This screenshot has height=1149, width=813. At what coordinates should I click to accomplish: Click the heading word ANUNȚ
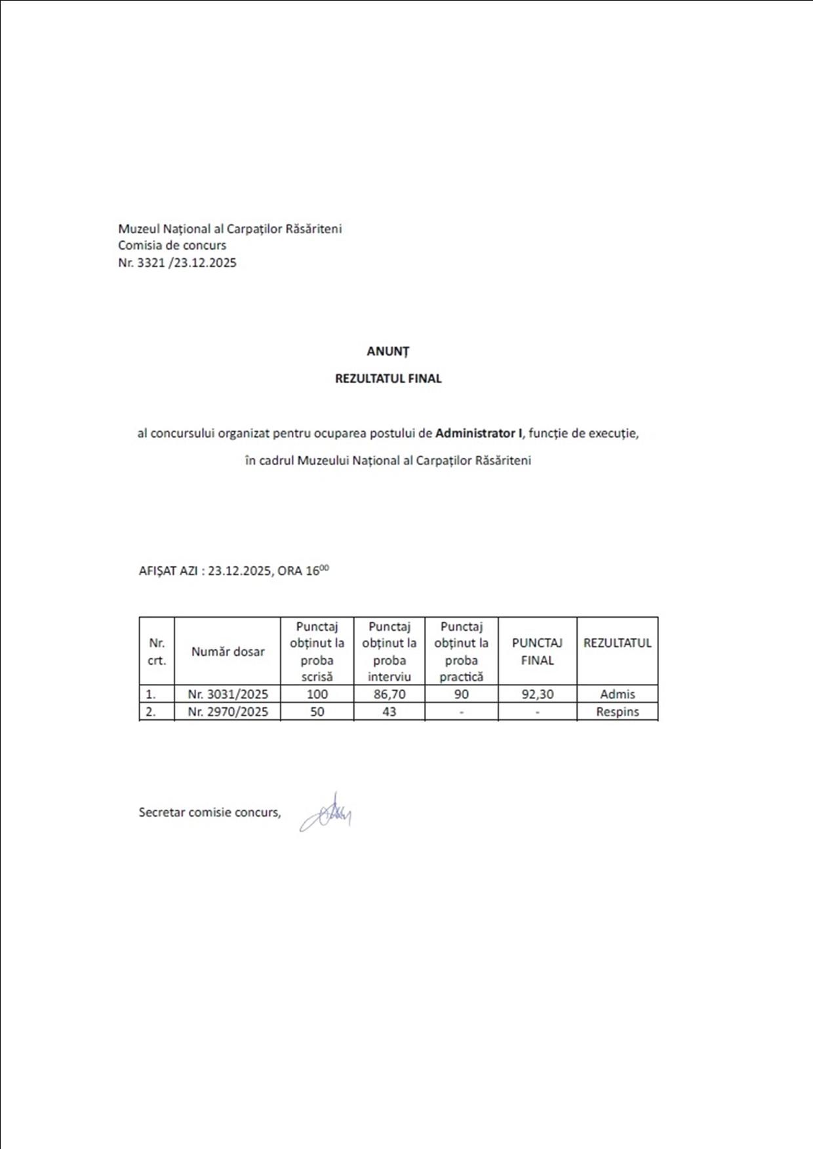pos(387,352)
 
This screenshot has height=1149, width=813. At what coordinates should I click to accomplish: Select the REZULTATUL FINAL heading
pos(388,379)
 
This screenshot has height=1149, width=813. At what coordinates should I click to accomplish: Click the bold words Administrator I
pos(479,433)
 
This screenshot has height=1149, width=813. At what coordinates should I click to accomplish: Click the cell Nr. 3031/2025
pos(228,694)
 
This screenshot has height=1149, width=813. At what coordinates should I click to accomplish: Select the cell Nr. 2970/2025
pos(228,712)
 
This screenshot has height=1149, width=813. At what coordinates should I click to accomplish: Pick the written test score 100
pos(317,694)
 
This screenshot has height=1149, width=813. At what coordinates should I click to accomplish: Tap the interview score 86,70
pos(389,694)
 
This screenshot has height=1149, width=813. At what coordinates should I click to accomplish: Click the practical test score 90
pos(462,694)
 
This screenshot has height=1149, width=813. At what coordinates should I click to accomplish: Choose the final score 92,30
pos(538,694)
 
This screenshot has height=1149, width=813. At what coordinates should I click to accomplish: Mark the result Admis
pos(618,694)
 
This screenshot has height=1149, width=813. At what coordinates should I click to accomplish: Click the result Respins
pos(618,712)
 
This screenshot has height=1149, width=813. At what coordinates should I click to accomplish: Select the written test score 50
pos(317,712)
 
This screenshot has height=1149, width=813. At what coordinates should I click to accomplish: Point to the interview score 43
pos(389,712)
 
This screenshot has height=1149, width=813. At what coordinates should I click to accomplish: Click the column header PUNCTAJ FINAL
pos(538,652)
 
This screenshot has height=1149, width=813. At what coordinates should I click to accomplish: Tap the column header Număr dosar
pos(228,652)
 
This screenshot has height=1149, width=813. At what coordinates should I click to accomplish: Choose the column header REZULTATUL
pos(618,643)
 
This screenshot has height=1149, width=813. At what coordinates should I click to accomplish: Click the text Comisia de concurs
pos(172,246)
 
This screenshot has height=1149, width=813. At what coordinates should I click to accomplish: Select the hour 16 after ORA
pos(313,571)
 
